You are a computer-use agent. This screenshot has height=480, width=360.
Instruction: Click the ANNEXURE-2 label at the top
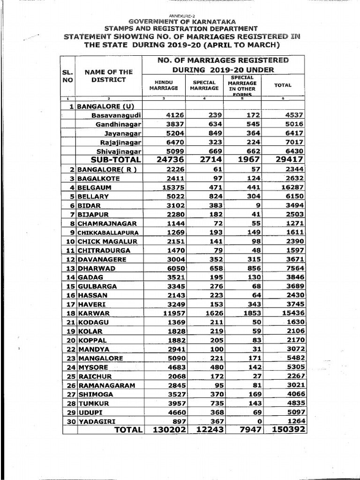(180, 16)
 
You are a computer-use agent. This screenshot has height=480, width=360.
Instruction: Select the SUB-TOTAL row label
(113, 160)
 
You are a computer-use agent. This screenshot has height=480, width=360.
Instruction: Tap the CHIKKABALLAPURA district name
(107, 232)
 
